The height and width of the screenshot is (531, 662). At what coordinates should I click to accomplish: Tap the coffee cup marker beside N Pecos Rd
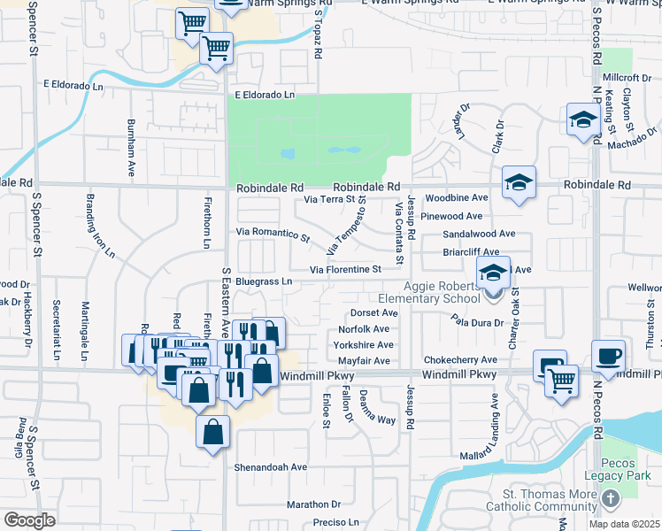point(608,357)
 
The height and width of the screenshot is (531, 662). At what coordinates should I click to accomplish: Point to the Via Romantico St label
point(273,235)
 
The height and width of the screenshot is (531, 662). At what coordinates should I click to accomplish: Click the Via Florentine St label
point(345,269)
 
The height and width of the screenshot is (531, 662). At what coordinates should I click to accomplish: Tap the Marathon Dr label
point(307,504)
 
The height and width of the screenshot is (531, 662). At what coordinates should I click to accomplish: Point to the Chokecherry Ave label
point(460,360)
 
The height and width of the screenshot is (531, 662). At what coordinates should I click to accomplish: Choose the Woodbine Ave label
point(457,198)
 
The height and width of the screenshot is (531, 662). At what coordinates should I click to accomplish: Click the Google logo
point(29,520)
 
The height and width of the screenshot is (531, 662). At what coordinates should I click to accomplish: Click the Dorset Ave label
point(370,312)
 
